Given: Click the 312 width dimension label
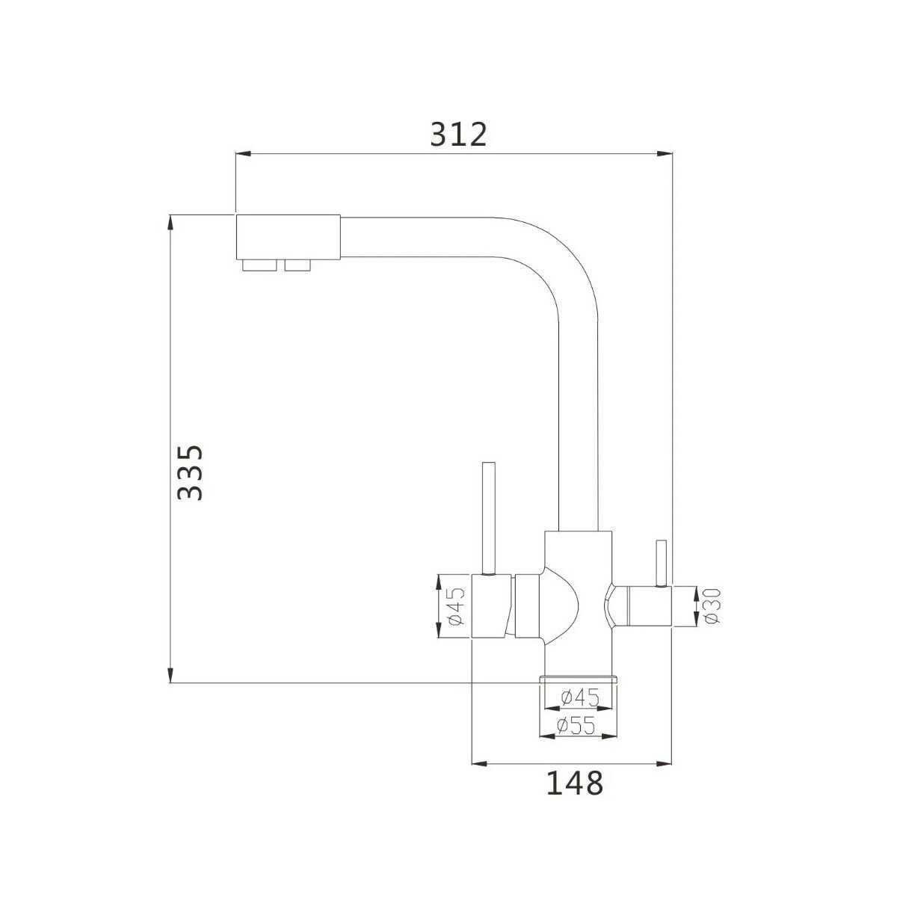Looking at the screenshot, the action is point(458,135).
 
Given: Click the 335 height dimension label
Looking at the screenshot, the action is point(191,472).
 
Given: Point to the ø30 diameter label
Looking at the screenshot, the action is point(712,605).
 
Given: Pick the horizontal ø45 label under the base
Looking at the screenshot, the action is point(580,697).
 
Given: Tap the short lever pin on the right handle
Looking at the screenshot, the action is point(661,563).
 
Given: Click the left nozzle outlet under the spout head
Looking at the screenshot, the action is point(259,265).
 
